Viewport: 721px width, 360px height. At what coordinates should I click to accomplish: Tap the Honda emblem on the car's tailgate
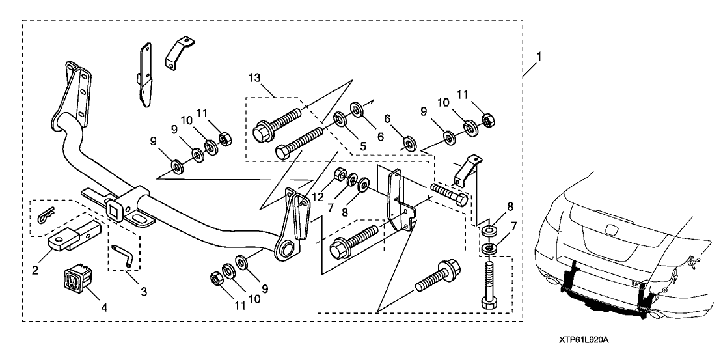[611, 230]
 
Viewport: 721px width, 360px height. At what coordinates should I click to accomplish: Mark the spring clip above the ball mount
[47, 215]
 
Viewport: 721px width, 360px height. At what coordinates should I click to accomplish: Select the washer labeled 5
[339, 119]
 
